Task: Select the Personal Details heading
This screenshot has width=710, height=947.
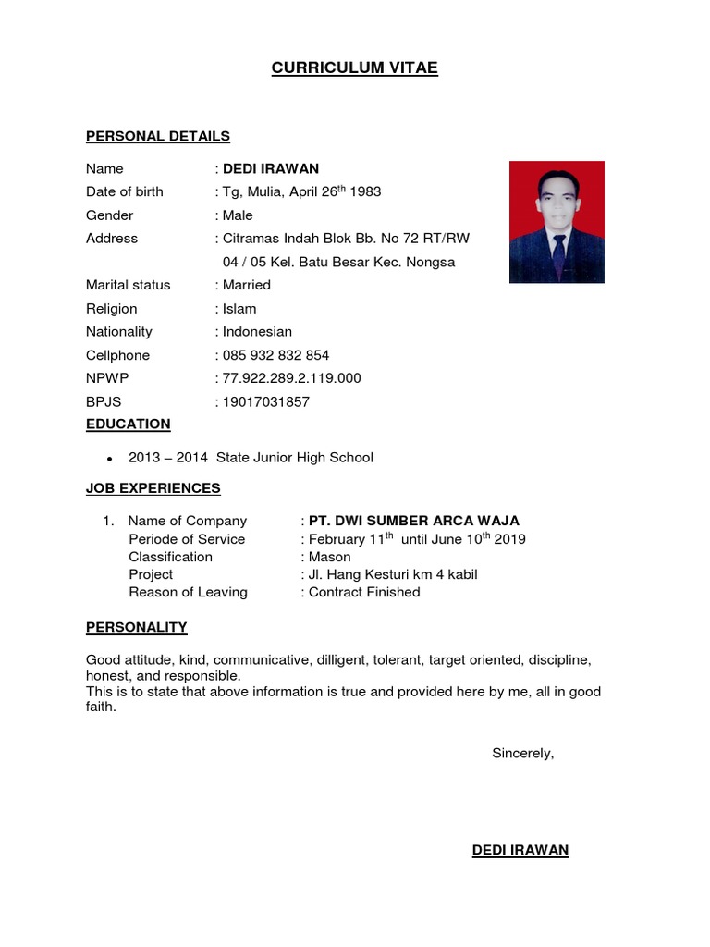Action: tap(158, 136)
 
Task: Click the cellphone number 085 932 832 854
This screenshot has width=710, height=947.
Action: tap(275, 355)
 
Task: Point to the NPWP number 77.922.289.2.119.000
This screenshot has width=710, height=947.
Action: tap(291, 378)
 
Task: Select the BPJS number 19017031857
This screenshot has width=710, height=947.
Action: tap(266, 402)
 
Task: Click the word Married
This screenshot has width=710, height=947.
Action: tap(247, 285)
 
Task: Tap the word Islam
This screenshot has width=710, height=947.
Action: tap(239, 309)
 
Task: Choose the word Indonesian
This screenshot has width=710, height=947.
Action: tap(257, 332)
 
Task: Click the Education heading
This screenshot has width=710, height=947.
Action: tap(129, 424)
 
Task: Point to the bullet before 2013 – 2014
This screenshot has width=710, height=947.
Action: tap(110, 459)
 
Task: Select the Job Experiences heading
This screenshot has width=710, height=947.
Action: tap(153, 488)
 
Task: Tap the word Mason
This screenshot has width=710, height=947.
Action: tap(330, 557)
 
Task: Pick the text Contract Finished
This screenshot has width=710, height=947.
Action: tap(364, 592)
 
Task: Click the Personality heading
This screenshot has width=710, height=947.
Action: tap(137, 627)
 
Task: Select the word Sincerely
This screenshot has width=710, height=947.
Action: tap(522, 753)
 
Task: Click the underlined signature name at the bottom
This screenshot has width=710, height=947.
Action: tap(520, 850)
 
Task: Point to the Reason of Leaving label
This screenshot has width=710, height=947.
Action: tap(188, 592)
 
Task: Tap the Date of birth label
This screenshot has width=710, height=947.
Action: tap(125, 191)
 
